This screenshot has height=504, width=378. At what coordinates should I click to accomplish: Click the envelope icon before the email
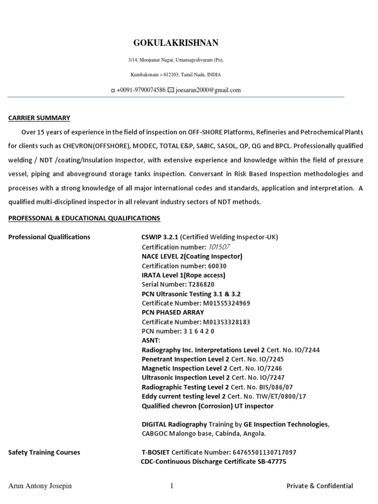click(x=171, y=90)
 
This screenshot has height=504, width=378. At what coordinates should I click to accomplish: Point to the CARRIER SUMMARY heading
click(x=39, y=118)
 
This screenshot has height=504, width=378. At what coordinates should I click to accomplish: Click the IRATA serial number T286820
click(x=201, y=284)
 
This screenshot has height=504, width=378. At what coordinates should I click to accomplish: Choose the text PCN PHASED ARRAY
click(x=173, y=313)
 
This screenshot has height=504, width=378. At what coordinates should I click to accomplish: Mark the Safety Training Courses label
click(x=44, y=452)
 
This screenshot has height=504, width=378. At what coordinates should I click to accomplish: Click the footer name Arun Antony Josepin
click(x=40, y=486)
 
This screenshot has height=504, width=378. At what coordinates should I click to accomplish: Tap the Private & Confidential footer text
click(x=320, y=486)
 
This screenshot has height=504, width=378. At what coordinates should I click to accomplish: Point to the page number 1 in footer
click(x=172, y=486)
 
